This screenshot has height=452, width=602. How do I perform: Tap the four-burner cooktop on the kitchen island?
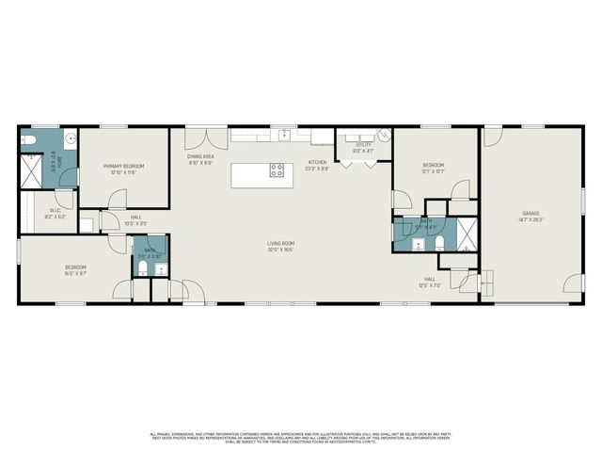click(x=277, y=170)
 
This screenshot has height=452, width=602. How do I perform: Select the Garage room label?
click(x=531, y=217)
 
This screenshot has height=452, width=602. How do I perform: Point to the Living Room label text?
click(x=280, y=247)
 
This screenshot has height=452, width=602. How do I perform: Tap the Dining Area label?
click(x=199, y=159)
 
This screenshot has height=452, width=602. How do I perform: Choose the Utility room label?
click(x=363, y=148)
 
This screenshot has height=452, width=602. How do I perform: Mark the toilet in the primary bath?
click(x=27, y=139)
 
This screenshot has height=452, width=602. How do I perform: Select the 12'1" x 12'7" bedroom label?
click(x=433, y=169)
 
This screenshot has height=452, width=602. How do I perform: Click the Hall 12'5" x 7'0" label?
click(x=429, y=281)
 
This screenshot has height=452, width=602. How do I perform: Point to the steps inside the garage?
click(x=486, y=285)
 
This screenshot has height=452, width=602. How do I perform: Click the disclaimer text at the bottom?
click(x=301, y=437)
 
